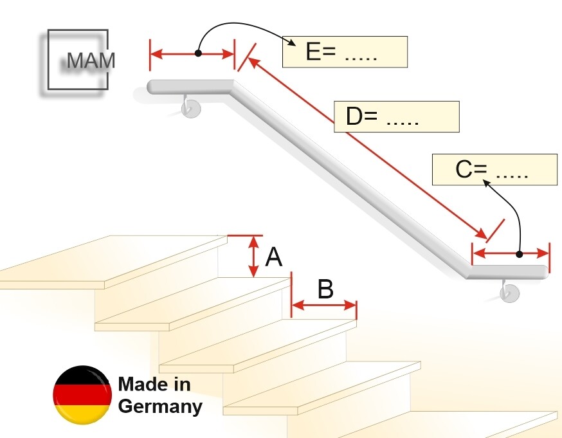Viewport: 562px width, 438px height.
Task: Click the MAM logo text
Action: pos(91,60)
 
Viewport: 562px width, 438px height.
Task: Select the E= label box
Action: pos(345,51)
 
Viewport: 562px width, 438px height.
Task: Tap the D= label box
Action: pos(397,117)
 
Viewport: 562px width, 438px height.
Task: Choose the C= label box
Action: pos(494,170)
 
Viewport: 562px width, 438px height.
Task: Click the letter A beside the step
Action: pos(274,257)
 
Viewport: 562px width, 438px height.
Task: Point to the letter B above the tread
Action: pos(325,289)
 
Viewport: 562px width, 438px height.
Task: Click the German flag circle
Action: pos(82,395)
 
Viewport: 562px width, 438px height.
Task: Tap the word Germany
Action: pos(160,407)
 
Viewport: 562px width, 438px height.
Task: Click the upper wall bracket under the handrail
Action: pos(190,107)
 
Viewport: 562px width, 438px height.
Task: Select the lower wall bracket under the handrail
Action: pos(509,291)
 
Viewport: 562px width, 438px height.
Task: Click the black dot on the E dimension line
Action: pos(198,53)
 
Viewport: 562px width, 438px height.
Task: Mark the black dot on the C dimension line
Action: pos(520,254)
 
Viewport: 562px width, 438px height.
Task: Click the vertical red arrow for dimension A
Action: pos(254,256)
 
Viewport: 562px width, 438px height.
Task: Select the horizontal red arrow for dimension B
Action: pos(324,306)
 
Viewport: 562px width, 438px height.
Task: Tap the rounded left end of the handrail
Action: pos(151,87)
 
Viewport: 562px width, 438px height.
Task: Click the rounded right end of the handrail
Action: pos(544,272)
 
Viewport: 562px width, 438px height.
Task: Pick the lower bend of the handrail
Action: pos(470,271)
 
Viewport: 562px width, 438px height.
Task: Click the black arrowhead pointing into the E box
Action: pos(292,42)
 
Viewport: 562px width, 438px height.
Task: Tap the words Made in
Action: pos(154,384)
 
